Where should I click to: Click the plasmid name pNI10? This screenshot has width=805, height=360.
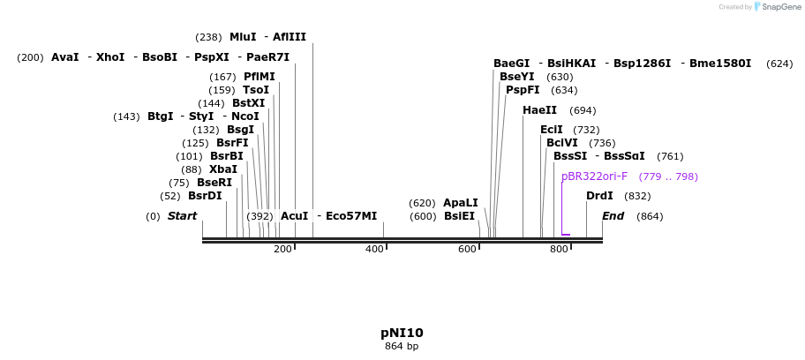pyautogui.click(x=402, y=333)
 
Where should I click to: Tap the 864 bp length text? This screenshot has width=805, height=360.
pyautogui.click(x=402, y=347)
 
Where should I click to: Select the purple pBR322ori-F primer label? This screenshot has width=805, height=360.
pyautogui.click(x=594, y=176)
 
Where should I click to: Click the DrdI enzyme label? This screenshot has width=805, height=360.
pyautogui.click(x=599, y=196)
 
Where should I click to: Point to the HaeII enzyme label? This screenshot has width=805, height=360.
pyautogui.click(x=539, y=110)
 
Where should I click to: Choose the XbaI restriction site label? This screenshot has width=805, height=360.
pyautogui.click(x=223, y=169)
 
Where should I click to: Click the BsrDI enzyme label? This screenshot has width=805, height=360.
pyautogui.click(x=205, y=196)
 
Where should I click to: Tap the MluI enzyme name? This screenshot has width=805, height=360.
pyautogui.click(x=243, y=37)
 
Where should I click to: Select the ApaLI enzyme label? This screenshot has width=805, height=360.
pyautogui.click(x=461, y=203)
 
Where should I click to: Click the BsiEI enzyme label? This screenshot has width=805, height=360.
pyautogui.click(x=459, y=216)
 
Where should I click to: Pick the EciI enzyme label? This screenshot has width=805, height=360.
pyautogui.click(x=552, y=130)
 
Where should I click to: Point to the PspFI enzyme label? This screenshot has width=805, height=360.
pyautogui.click(x=523, y=90)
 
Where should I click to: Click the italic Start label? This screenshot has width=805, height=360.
pyautogui.click(x=182, y=216)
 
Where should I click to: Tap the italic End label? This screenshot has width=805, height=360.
pyautogui.click(x=613, y=216)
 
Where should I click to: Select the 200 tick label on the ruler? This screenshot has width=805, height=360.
pyautogui.click(x=282, y=250)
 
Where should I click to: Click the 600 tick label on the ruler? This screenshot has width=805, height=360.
pyautogui.click(x=467, y=250)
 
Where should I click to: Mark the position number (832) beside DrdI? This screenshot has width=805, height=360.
pyautogui.click(x=637, y=196)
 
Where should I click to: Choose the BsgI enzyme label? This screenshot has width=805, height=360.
pyautogui.click(x=240, y=130)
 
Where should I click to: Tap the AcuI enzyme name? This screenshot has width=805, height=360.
pyautogui.click(x=295, y=216)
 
